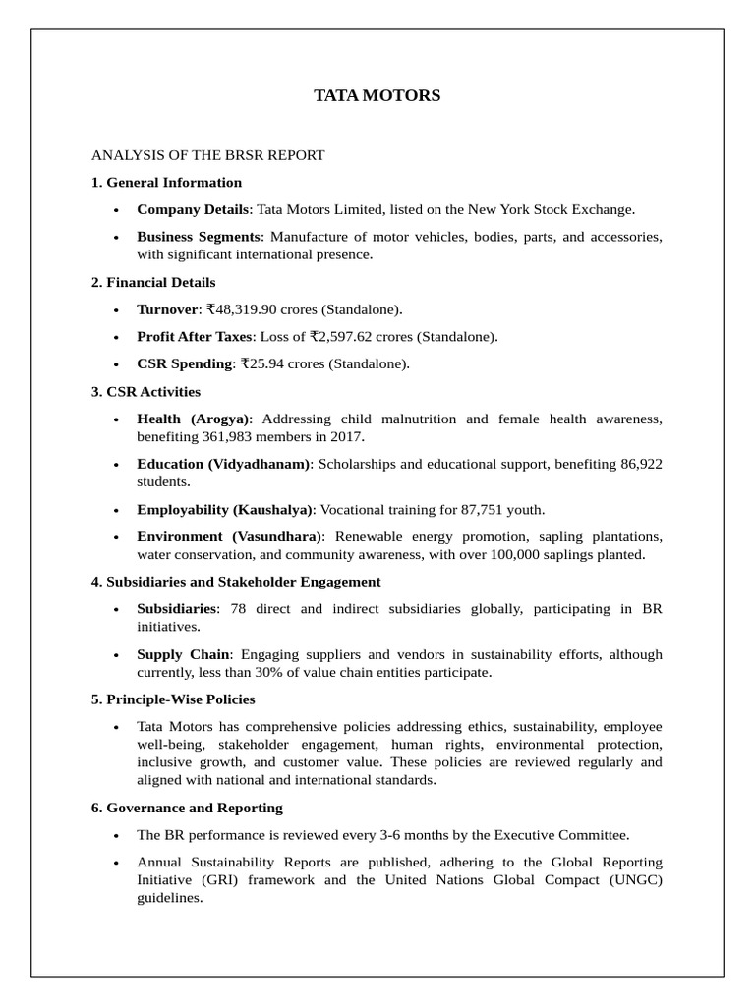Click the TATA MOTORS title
[377, 95]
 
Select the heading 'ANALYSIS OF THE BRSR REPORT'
[207, 155]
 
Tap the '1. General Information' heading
[166, 182]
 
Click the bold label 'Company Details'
[193, 209]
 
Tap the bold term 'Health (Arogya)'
[194, 419]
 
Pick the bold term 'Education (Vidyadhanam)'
[223, 464]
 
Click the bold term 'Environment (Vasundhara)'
[229, 536]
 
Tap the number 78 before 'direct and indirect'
[238, 609]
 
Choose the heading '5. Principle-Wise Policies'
[173, 699]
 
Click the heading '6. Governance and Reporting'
[187, 808]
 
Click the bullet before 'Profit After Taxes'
[116, 337]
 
